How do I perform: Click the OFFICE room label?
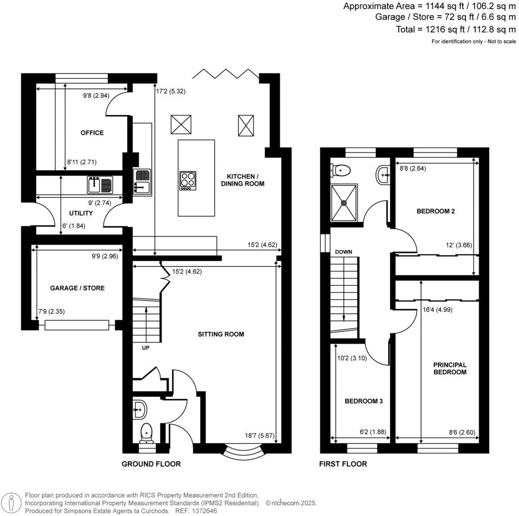92,133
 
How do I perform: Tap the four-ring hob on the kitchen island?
188,181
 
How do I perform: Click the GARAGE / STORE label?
78,288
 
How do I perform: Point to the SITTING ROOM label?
221,334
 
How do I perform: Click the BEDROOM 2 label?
435,211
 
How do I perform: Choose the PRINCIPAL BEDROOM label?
450,368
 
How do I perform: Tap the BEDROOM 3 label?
363,401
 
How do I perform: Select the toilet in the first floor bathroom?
339,170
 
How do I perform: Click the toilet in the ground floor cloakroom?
146,431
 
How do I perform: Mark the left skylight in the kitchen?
181,124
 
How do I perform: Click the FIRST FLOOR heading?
343,464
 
